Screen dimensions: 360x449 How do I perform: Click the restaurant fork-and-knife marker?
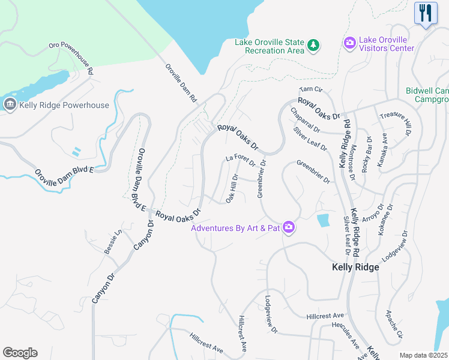426,13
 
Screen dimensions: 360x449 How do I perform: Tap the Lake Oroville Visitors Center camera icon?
349,43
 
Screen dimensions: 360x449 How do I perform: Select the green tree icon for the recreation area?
312,45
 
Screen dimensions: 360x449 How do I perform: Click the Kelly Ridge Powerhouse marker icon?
10,105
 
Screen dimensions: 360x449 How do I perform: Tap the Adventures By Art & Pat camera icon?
289,227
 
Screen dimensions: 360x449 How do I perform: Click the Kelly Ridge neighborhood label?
355,268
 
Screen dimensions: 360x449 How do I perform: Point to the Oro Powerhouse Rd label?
70,58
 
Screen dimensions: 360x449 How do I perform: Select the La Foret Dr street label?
241,160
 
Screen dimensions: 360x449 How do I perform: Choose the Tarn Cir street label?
311,89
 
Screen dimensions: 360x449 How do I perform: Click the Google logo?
20,353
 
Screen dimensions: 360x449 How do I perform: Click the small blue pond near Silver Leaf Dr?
324,220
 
